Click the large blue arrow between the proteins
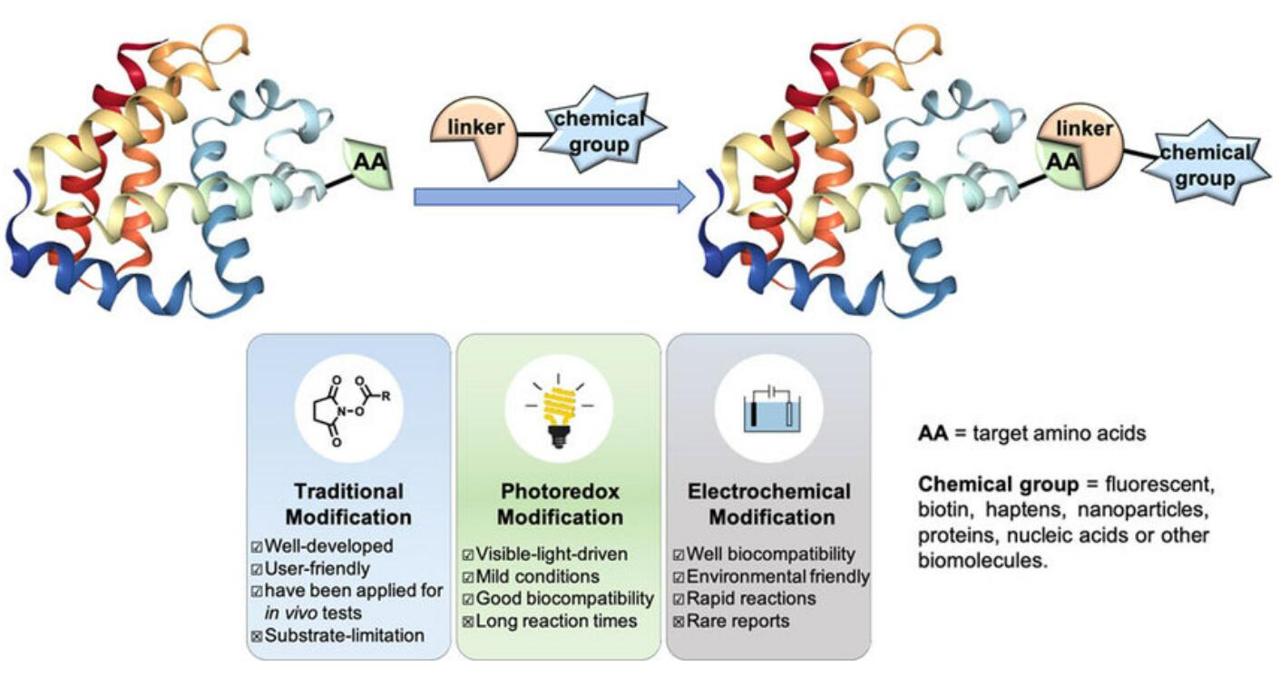pos(553,196)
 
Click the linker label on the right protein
pos(1085,130)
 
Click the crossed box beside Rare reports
pos(679,622)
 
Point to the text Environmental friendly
pos(778,576)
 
